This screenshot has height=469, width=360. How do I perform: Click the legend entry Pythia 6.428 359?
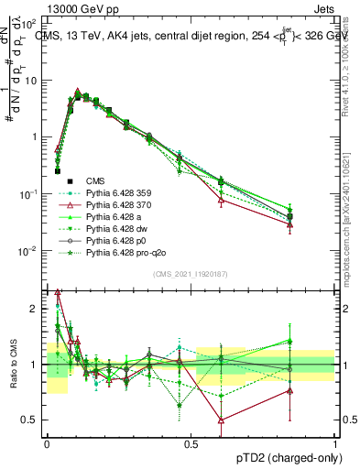coord(116,193)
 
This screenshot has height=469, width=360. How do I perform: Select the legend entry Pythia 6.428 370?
coord(116,205)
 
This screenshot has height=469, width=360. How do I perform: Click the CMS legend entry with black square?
coord(97,181)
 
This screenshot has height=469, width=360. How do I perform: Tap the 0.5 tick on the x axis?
coord(191,443)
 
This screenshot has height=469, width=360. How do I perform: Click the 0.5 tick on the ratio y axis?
coord(31,420)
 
